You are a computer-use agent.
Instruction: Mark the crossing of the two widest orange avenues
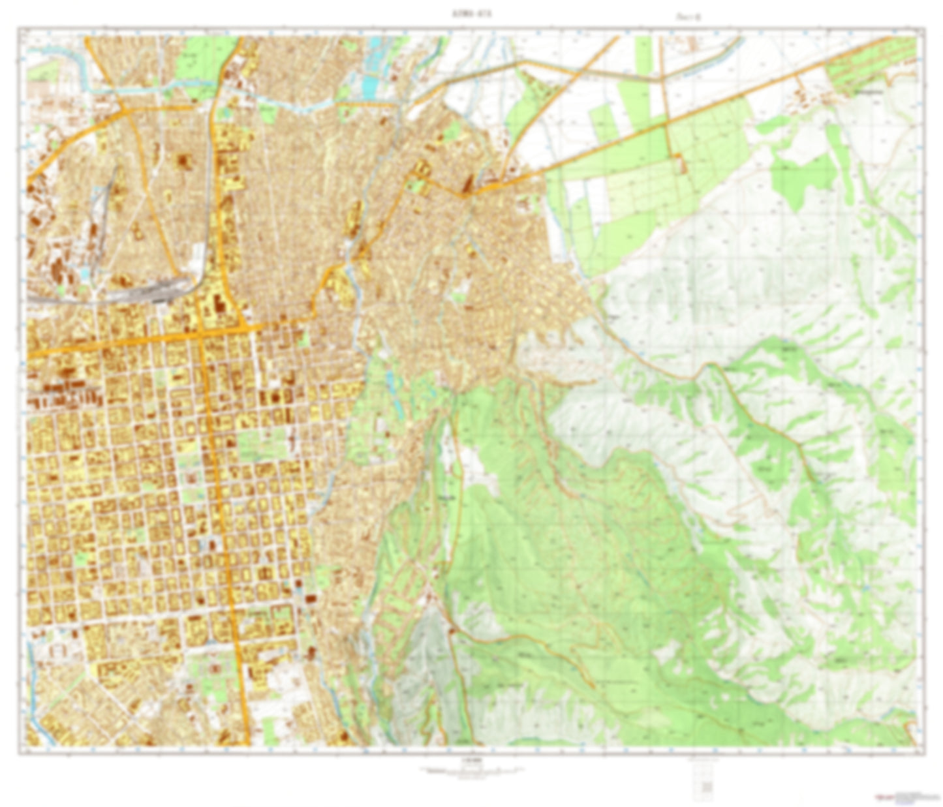click(201, 333)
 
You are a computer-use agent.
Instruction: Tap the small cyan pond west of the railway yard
click(85, 274)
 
